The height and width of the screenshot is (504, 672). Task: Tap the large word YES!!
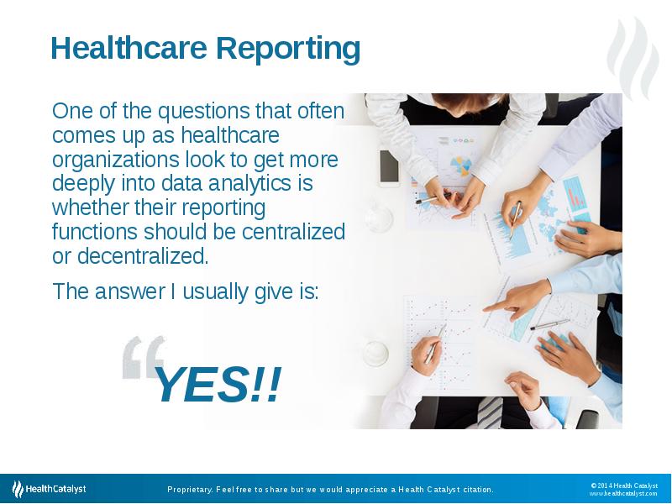217,386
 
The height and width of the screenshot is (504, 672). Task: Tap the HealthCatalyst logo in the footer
49,488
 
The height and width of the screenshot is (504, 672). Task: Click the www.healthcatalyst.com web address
622,493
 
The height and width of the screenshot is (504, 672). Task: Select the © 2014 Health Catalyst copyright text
623,485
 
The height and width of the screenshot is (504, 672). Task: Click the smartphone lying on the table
389,167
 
